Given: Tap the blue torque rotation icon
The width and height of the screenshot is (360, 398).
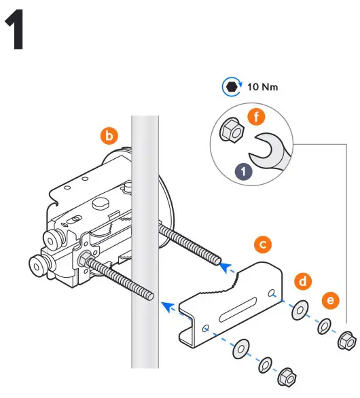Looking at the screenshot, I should pyautogui.click(x=231, y=87).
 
